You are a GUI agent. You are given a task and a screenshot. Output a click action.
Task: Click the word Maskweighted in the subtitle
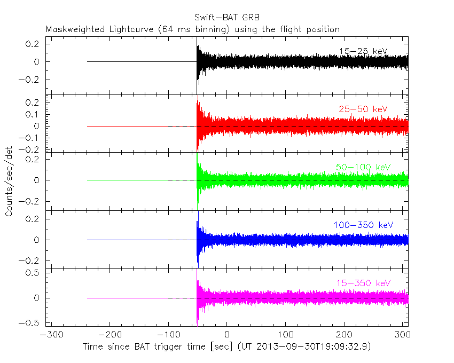click(x=73, y=29)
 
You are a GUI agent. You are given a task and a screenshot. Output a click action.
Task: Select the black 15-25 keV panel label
click(x=363, y=51)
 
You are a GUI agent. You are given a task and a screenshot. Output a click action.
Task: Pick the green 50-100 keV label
click(x=363, y=167)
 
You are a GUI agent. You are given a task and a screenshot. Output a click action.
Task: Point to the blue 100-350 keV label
click(x=363, y=225)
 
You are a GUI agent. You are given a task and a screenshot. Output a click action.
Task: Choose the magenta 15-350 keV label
click(x=363, y=282)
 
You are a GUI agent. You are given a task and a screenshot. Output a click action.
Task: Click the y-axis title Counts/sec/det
click(x=9, y=182)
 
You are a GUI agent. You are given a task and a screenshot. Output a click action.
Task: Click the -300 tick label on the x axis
click(x=50, y=336)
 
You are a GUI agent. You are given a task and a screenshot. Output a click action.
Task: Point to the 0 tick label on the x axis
click(x=227, y=336)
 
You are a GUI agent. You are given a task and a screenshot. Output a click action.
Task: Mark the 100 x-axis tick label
click(x=285, y=336)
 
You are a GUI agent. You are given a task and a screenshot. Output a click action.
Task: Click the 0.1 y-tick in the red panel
click(x=33, y=114)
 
